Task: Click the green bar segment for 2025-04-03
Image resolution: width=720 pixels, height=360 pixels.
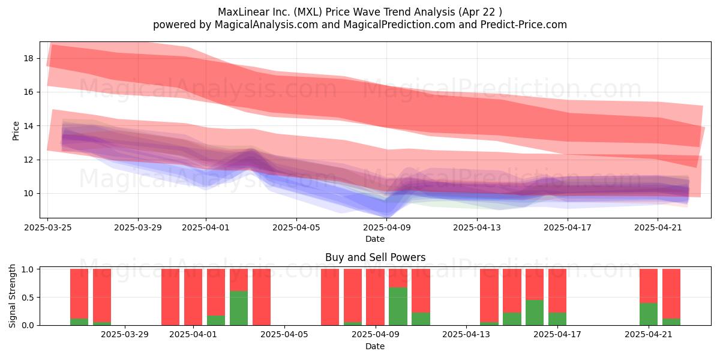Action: [x=239, y=308]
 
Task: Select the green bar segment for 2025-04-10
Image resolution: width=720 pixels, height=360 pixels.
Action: [x=398, y=306]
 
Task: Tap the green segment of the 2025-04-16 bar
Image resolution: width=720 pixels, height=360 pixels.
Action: [x=535, y=313]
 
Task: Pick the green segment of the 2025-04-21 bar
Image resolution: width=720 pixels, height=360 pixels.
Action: [x=649, y=314]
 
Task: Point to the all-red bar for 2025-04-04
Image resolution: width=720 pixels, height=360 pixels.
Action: [x=262, y=297]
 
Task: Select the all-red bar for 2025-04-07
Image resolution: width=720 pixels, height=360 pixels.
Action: [x=330, y=297]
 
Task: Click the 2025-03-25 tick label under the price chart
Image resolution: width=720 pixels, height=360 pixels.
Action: [x=48, y=227]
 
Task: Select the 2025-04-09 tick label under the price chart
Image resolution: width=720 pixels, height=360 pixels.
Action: [x=386, y=227]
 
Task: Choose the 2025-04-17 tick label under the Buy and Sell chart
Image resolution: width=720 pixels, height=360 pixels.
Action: [x=557, y=335]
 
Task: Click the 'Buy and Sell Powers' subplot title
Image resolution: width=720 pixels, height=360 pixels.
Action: [x=376, y=257]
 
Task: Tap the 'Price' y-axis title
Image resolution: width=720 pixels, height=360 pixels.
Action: [x=16, y=131]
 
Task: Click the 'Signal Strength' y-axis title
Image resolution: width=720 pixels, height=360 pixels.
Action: [x=12, y=296]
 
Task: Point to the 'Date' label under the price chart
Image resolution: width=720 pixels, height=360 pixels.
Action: [x=375, y=239]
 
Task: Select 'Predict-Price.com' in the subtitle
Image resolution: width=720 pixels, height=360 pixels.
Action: [x=524, y=25]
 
